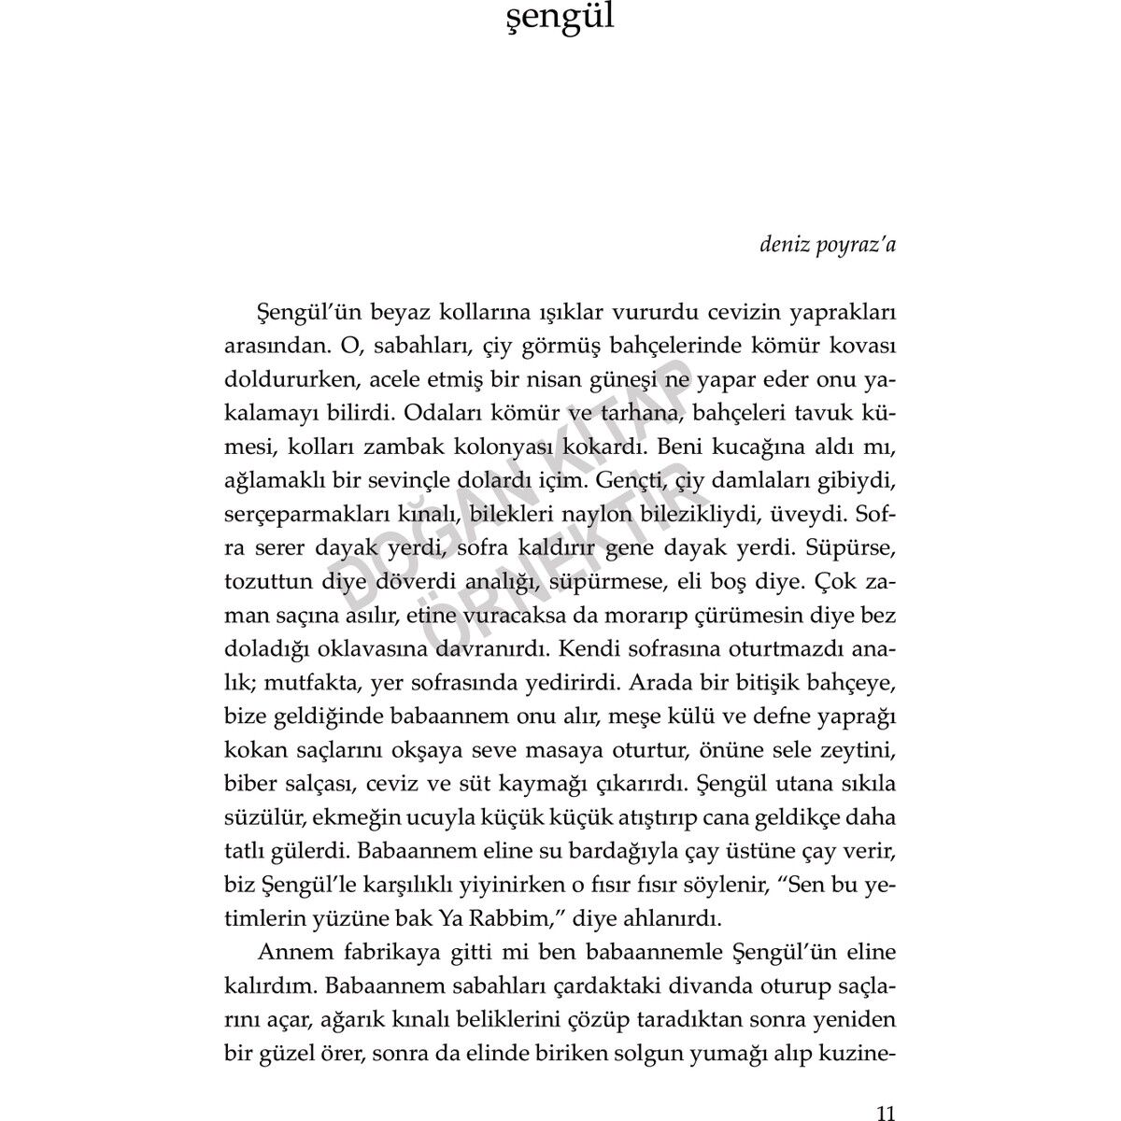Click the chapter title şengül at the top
(x=560, y=18)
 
